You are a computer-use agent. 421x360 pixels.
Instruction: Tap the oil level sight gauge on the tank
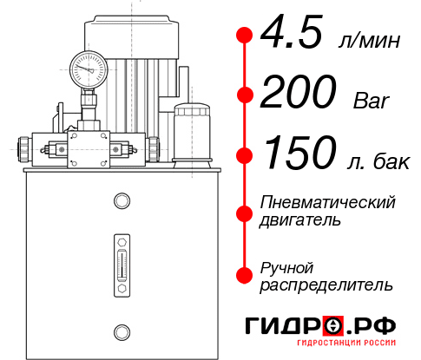click(121, 257)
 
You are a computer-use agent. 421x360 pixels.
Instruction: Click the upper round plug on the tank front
click(121, 201)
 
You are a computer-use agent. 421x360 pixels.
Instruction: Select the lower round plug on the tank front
click(121, 330)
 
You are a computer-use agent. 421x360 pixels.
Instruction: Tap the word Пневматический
click(328, 202)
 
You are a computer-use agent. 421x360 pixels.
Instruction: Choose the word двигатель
click(300, 219)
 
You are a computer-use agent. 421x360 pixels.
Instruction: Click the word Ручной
click(287, 266)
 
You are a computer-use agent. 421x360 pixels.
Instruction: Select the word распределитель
click(326, 284)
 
